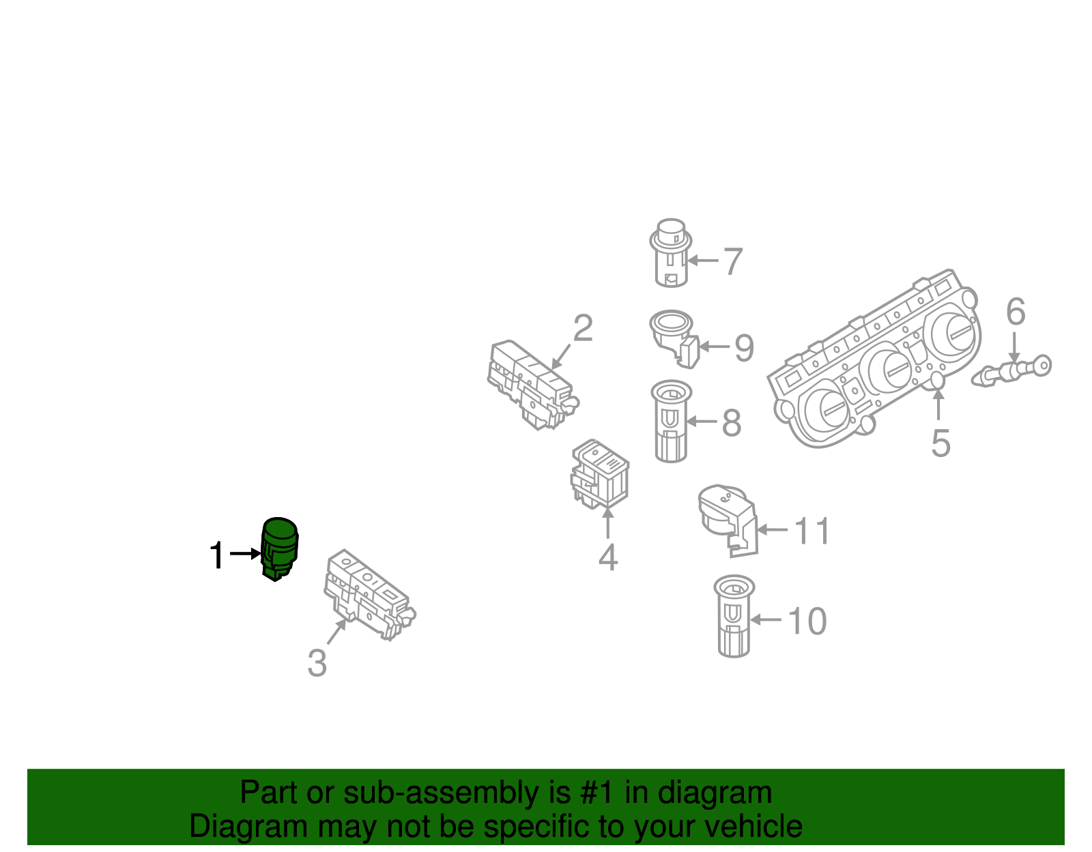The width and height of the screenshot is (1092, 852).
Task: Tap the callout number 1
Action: click(217, 555)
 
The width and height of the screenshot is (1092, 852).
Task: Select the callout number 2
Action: click(582, 329)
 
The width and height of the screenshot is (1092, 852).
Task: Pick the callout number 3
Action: click(317, 662)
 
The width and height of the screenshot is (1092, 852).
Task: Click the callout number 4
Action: click(607, 557)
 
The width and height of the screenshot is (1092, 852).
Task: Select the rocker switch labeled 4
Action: click(600, 473)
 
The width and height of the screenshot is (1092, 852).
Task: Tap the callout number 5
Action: click(940, 443)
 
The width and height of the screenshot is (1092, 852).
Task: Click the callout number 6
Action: click(1016, 312)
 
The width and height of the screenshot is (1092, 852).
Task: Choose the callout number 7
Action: click(732, 261)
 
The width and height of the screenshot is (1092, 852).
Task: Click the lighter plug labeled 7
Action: click(670, 253)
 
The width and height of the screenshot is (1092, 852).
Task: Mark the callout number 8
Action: click(731, 423)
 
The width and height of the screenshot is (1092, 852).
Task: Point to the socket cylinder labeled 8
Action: click(672, 421)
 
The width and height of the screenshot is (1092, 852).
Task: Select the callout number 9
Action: click(743, 347)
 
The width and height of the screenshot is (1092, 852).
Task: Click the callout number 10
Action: click(807, 621)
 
